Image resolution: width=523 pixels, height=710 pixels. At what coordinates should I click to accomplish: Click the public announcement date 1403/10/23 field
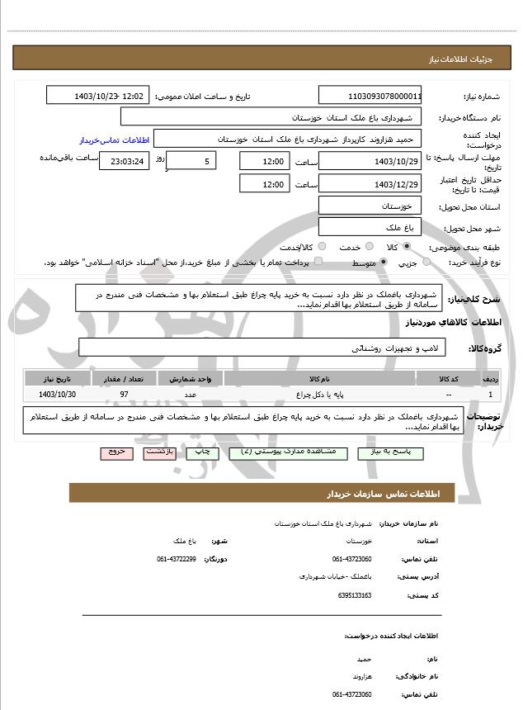coord(99,96)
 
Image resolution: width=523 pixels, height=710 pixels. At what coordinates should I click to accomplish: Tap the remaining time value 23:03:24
coord(125,161)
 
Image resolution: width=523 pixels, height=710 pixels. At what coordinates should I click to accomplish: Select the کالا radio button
coord(407,247)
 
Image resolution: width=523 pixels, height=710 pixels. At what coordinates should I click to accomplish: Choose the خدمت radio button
coord(368,247)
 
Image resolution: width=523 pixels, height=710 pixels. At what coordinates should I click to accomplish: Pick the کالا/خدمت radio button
coord(322,247)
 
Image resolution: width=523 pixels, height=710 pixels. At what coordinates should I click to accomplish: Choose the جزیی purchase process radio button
coord(426,263)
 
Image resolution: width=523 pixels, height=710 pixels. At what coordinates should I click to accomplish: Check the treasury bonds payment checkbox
coord(318,262)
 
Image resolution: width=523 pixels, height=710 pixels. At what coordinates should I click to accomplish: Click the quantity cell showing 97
coord(124,395)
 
